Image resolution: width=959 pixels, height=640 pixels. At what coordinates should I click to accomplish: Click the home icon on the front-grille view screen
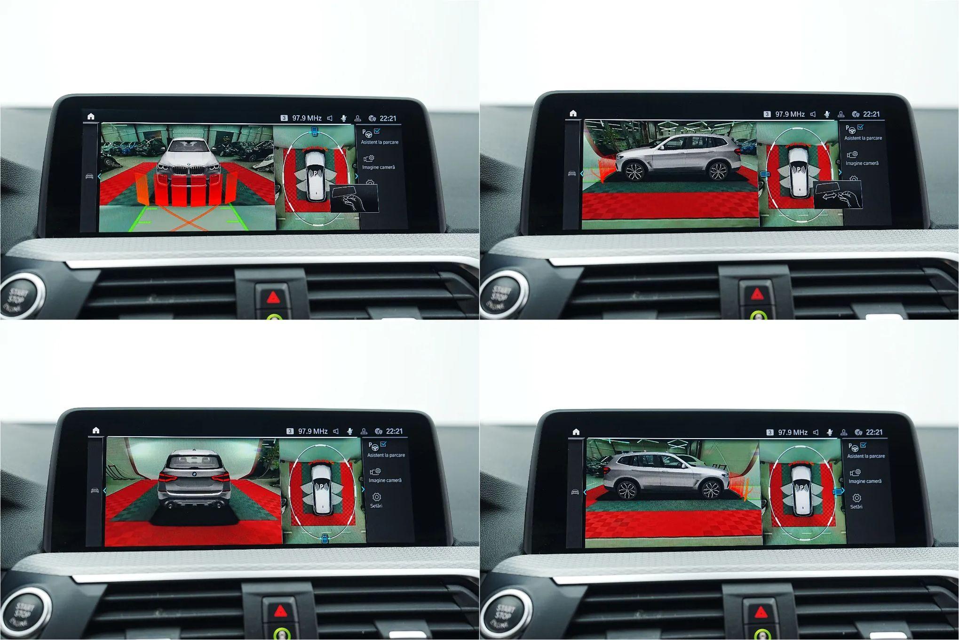[91, 116]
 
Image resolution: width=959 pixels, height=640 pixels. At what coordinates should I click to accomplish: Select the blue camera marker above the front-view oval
[315, 131]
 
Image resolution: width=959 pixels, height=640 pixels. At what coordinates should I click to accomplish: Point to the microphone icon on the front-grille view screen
[344, 118]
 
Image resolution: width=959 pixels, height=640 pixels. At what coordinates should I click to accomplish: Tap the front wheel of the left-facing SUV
[634, 171]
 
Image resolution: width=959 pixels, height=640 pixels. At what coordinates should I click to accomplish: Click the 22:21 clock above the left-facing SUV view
[871, 114]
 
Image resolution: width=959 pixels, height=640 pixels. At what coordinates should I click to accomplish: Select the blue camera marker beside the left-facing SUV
[765, 174]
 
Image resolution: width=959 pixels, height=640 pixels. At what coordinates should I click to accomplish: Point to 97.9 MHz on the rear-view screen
[313, 431]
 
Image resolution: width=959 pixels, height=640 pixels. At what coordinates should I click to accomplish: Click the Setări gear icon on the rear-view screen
[376, 497]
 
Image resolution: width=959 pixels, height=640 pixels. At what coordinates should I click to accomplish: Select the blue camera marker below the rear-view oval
[325, 539]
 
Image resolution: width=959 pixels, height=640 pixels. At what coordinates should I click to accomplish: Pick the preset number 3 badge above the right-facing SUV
[769, 432]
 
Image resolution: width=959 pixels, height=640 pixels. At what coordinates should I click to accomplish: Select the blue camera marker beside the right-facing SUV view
[837, 492]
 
